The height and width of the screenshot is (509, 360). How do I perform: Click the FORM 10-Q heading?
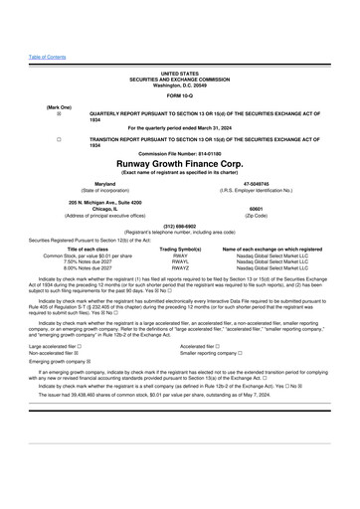(180, 95)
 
